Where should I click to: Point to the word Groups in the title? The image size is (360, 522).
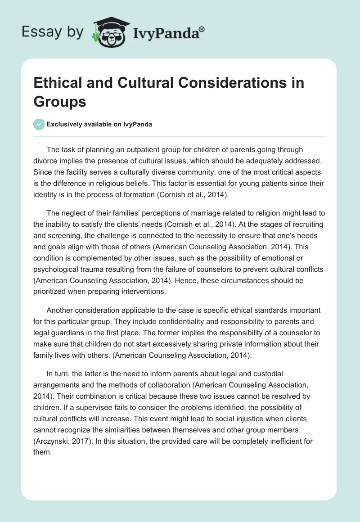pyautogui.click(x=60, y=101)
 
